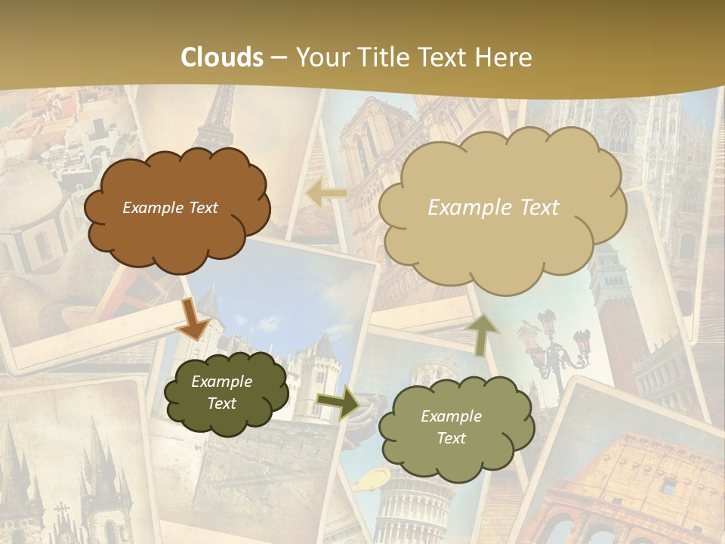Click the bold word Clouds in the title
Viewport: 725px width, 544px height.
(x=222, y=57)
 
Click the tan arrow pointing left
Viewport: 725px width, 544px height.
(x=326, y=194)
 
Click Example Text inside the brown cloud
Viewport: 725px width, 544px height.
(x=170, y=208)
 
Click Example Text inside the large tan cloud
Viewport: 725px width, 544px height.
(x=493, y=208)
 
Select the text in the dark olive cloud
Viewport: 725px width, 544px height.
(x=221, y=392)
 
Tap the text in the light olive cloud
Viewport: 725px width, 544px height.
(x=451, y=427)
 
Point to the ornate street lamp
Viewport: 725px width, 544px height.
(x=555, y=348)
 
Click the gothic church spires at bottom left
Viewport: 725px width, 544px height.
(x=60, y=484)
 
